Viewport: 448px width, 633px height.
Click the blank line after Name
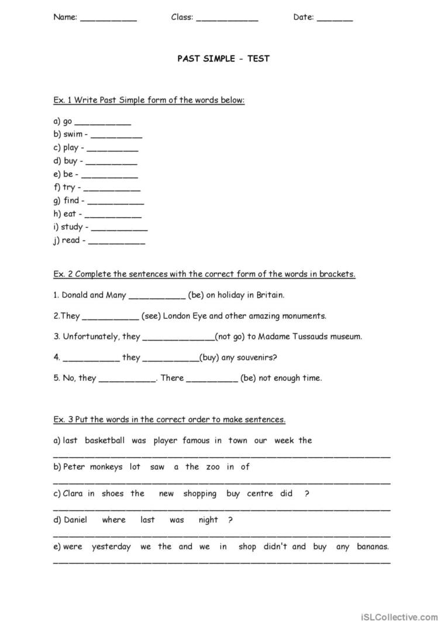[108, 19]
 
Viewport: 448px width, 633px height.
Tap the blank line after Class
[227, 19]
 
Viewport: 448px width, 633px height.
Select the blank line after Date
[335, 19]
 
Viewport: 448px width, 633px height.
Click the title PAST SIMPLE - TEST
[223, 58]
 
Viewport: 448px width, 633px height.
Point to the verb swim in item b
[73, 134]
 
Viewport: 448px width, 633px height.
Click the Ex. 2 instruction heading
[204, 274]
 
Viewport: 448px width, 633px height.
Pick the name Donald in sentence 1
[74, 295]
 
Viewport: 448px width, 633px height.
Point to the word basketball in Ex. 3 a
[105, 440]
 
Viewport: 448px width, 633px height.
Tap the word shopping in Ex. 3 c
[199, 493]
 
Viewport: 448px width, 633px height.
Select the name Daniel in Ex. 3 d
[75, 520]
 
